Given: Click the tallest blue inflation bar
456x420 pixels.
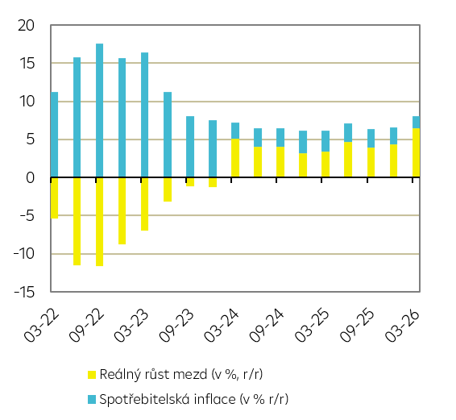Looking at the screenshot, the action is coord(99,110).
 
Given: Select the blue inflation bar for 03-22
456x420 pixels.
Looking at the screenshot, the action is coord(55,135).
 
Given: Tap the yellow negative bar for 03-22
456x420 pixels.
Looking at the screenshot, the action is coord(55,198).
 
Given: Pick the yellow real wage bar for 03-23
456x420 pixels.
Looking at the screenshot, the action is coord(144,204).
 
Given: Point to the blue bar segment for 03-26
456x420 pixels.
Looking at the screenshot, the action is coord(417,123).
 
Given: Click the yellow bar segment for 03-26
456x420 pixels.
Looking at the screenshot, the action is coord(417,152).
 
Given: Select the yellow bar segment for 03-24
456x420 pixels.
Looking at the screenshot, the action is coord(235,158).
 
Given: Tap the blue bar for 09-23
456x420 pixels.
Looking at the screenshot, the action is coord(190,147).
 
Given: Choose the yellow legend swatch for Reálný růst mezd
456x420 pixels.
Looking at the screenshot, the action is coord(92,375).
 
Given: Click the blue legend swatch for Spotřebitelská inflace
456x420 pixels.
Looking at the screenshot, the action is coord(92,399).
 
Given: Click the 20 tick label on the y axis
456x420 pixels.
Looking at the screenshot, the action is coord(26,26).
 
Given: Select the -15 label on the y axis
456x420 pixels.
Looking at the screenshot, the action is coord(24,292).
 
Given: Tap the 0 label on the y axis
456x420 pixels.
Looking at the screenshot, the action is coord(31,177).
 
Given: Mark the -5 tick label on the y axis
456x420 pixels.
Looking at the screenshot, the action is coord(27,216).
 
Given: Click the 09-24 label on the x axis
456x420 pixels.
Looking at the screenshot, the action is coord(266,326).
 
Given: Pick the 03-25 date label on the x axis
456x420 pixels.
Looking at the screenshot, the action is coord(312,326).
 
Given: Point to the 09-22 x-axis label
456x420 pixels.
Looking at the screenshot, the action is coord(86,326).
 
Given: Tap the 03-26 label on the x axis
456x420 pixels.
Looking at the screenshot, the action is coord(402,326).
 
